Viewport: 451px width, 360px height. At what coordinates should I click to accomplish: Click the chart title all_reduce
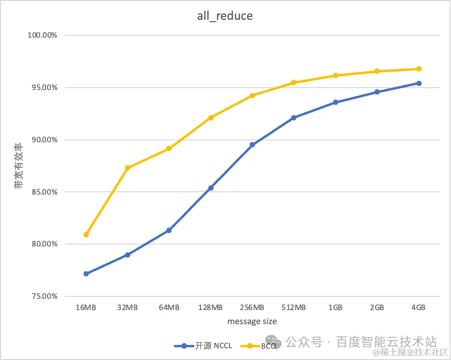(225, 16)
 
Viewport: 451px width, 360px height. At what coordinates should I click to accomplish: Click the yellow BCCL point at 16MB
(86, 235)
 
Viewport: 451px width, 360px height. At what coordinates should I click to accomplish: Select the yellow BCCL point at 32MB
(128, 168)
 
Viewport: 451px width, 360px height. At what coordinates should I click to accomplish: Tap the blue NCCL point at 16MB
(86, 274)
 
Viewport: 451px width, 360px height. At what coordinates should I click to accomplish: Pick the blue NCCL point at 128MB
(210, 188)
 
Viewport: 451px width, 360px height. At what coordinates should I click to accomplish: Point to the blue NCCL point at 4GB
(419, 83)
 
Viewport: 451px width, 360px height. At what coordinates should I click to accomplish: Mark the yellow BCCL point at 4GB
(419, 69)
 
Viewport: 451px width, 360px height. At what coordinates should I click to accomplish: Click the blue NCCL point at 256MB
(252, 145)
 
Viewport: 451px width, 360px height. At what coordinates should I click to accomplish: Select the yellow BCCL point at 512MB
(294, 82)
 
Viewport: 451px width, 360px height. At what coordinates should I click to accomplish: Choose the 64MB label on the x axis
(169, 308)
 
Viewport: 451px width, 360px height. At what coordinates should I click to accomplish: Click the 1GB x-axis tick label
(335, 308)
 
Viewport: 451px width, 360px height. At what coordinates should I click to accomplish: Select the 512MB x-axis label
(294, 308)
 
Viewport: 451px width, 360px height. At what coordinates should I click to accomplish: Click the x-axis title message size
(252, 321)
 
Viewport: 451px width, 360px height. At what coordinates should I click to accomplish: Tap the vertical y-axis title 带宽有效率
(18, 166)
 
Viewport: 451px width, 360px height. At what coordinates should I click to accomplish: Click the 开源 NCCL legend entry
(203, 346)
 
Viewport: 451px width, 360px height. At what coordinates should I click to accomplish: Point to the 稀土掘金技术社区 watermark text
(410, 352)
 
